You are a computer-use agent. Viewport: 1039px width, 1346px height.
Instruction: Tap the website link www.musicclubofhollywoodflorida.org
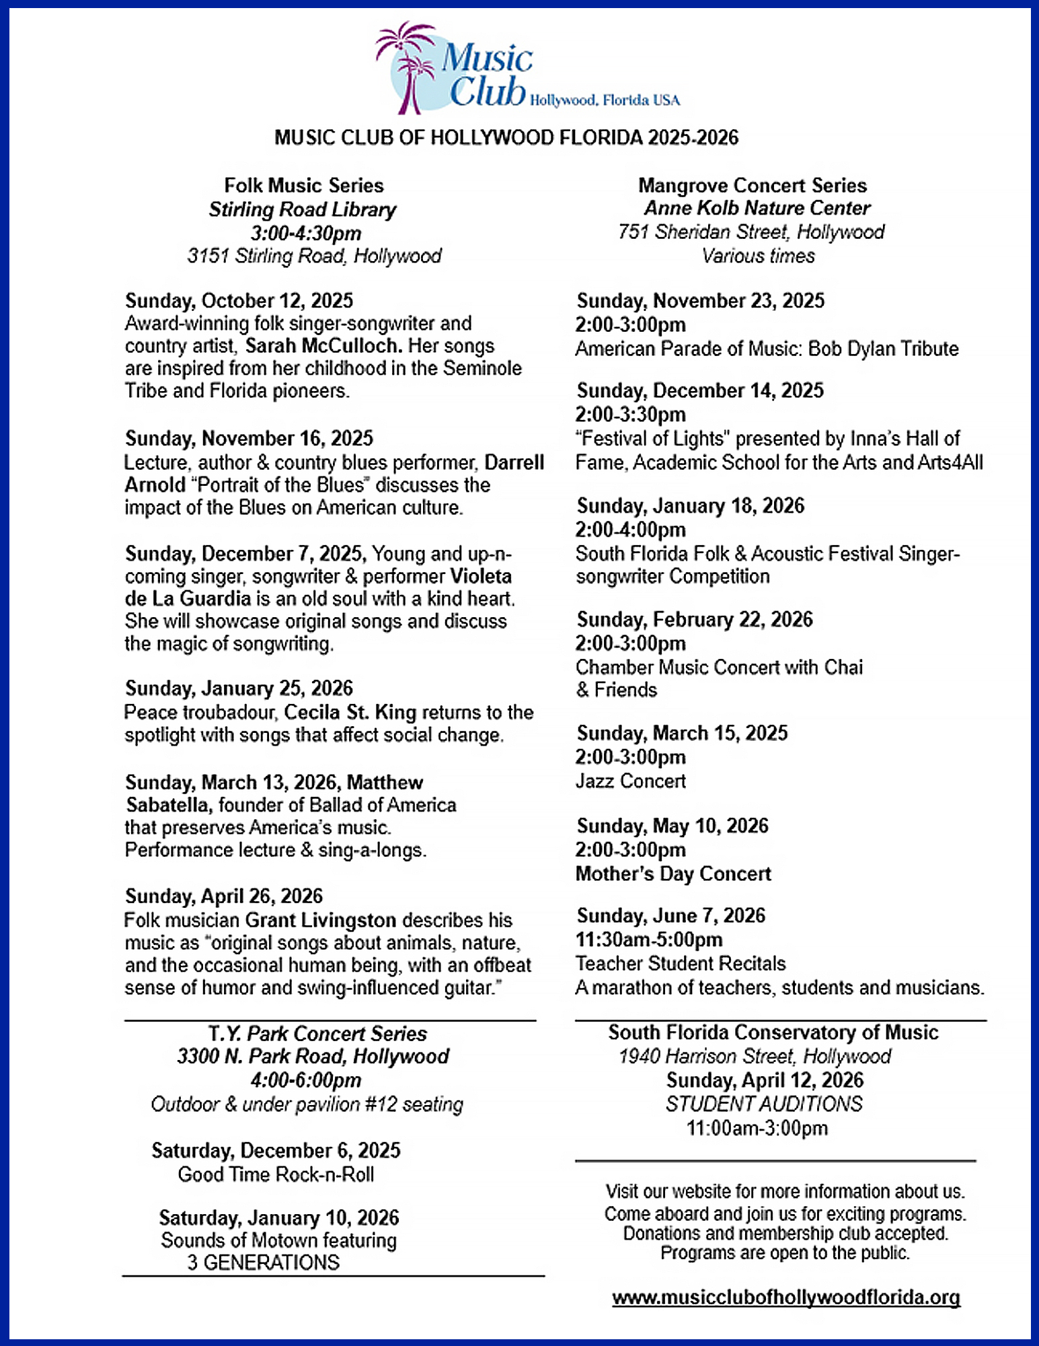785,1298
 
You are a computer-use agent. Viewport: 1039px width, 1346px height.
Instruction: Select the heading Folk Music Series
304,186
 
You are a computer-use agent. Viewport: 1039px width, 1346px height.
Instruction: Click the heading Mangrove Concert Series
752,186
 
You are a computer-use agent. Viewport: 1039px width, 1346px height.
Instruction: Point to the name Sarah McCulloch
323,346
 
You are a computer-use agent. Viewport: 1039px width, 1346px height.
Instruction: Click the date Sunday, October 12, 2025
239,300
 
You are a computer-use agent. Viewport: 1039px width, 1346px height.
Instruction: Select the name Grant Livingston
320,920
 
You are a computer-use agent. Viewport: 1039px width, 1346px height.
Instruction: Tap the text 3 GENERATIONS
264,1263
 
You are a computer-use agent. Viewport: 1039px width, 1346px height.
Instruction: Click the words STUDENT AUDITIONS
763,1104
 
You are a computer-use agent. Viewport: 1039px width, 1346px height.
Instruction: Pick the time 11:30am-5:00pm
648,940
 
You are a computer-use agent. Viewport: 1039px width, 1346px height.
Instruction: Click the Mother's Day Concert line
673,874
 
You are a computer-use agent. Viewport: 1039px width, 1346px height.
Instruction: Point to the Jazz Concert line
630,781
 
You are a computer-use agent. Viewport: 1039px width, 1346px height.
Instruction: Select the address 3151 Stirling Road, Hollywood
314,256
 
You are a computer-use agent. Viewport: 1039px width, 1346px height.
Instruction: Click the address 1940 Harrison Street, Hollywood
755,1057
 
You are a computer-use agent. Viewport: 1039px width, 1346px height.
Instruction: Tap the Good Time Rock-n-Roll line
276,1175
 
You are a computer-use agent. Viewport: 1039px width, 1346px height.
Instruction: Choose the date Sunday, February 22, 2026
695,619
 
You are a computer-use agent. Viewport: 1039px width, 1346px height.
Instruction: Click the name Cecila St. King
350,712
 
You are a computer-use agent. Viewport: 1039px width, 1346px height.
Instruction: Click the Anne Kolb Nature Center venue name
757,209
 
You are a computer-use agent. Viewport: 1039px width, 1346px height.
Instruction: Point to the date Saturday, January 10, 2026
278,1218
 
